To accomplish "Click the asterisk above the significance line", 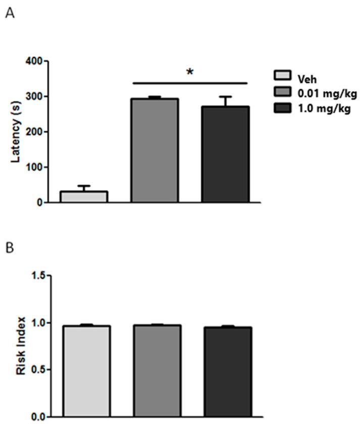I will (x=190, y=72).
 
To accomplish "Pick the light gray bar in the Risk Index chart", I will (x=86, y=371).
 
